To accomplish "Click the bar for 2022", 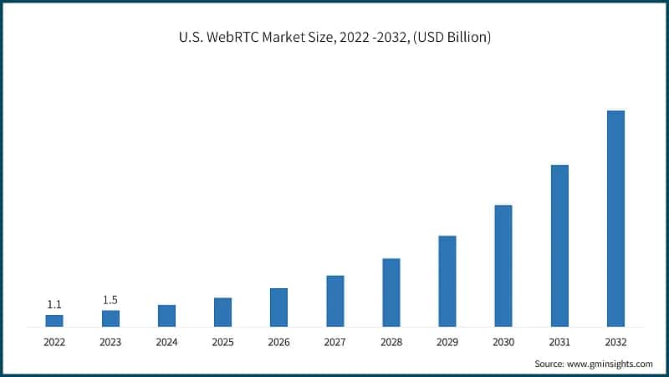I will tap(54, 320).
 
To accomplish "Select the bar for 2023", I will tap(110, 318).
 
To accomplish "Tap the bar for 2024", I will tap(166, 315).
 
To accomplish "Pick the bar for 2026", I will tap(278, 307).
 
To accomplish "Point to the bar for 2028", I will tap(391, 292).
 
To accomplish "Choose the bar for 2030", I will tap(503, 266).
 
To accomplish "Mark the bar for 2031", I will tap(559, 245).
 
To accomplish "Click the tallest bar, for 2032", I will tap(615, 218).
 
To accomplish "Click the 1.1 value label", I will tap(54, 304).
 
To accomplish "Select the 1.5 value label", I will tap(110, 300).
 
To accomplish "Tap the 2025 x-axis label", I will tap(222, 342).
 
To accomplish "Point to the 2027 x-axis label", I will tap(334, 342).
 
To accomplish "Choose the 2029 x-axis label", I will tap(447, 342).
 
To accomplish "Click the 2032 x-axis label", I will tap(615, 342).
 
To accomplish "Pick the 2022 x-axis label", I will tap(54, 342).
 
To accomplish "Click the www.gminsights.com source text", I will tap(610, 364).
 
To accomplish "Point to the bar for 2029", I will tap(447, 281).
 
